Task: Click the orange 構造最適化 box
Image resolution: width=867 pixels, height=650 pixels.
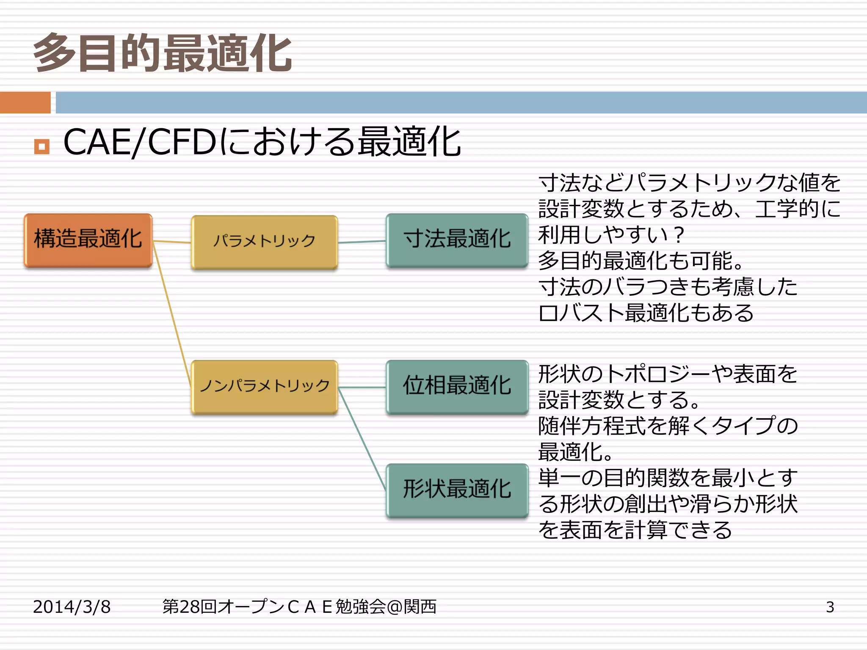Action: [88, 240]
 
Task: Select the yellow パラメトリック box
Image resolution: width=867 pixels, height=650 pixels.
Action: [264, 242]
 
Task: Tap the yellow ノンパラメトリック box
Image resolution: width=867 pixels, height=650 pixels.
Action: [264, 386]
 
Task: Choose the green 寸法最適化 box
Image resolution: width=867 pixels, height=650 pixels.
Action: [457, 240]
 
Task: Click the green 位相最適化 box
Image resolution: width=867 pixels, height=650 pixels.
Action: [457, 386]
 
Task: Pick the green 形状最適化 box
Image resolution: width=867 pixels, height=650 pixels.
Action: [457, 490]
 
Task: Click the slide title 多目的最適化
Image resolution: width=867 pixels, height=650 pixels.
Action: [163, 53]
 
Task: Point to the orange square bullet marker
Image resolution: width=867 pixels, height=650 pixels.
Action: [41, 146]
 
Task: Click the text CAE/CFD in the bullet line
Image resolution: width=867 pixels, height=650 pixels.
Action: [140, 142]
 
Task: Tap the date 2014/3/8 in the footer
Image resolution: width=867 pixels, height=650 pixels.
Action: [72, 606]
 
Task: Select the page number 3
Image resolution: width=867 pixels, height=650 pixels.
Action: [830, 607]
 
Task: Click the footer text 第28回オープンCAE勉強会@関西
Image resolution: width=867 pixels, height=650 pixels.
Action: [299, 606]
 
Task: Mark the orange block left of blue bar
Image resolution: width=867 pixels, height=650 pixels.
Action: [25, 102]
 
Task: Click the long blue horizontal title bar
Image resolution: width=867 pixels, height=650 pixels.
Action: [461, 102]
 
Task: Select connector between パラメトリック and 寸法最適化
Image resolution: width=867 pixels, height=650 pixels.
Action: [362, 242]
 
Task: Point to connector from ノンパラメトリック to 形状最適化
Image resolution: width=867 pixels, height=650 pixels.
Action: [362, 438]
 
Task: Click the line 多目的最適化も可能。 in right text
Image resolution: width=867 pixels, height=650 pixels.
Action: [640, 261]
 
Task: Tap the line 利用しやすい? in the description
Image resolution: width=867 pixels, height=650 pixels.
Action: [610, 235]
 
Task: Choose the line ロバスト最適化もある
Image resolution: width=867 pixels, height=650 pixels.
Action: [646, 313]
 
